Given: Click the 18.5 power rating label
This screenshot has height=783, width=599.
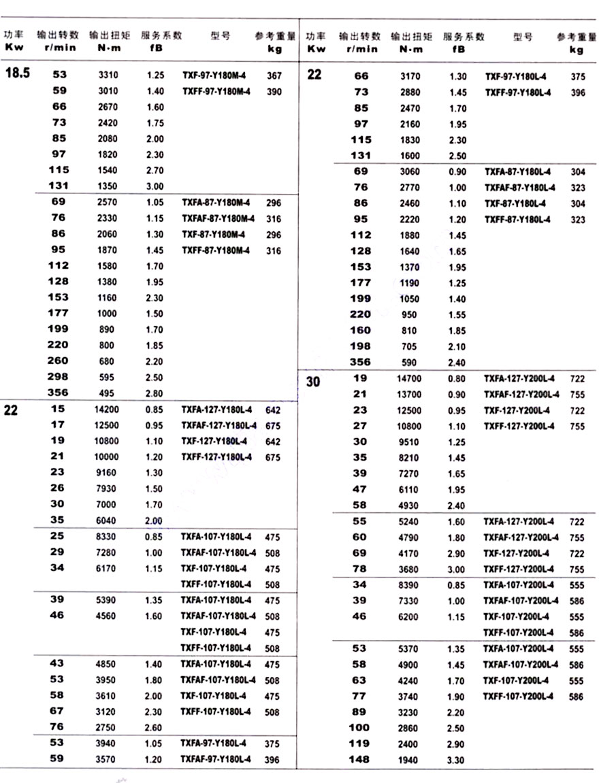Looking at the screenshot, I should (18, 73).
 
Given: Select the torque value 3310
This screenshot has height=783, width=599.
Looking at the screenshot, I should (108, 76).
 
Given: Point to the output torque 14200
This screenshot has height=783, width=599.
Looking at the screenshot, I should (106, 410).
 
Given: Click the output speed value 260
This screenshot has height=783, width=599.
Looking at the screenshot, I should (59, 361).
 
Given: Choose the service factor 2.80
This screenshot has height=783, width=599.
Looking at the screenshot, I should (155, 393).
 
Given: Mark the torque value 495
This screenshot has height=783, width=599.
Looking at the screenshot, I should (108, 393).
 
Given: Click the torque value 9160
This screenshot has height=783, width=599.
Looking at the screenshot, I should (107, 473).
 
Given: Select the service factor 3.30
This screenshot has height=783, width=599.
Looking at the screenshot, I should (457, 760).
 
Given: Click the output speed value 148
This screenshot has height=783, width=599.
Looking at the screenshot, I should (359, 759).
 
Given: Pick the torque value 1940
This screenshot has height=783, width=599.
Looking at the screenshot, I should (409, 760).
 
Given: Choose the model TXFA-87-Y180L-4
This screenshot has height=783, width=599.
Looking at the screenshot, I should (519, 171).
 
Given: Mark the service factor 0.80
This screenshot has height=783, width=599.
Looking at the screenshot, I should (457, 378).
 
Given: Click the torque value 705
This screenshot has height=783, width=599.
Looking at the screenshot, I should (409, 347).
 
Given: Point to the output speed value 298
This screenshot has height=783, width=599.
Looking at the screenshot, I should (59, 377).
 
